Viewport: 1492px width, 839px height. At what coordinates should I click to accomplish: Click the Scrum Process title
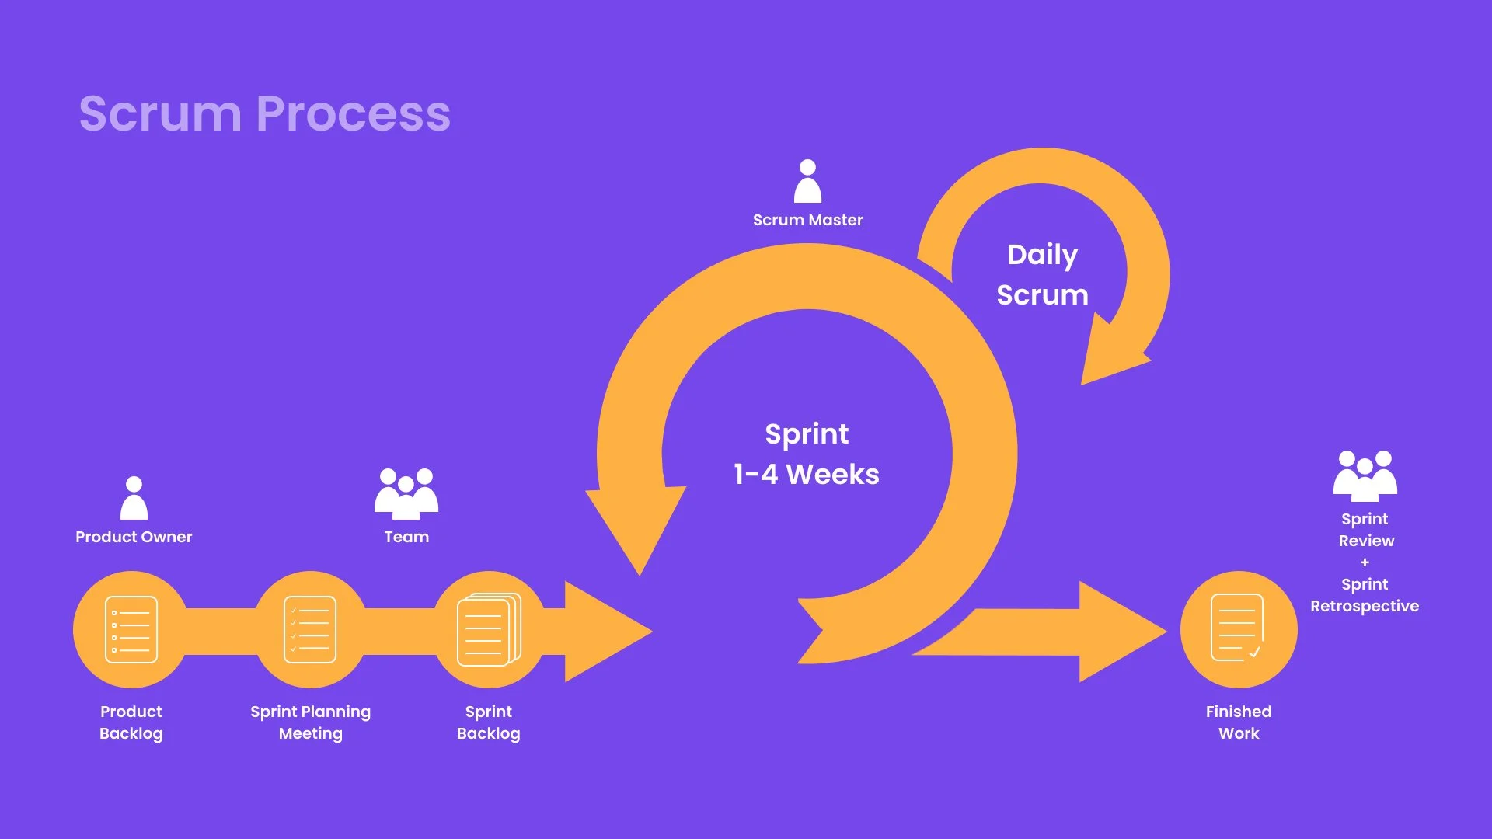tap(264, 113)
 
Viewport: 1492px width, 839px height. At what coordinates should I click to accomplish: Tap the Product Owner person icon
tap(134, 499)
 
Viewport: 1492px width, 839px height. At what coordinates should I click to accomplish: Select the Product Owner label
tap(134, 537)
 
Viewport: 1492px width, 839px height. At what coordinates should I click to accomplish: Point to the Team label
tap(406, 537)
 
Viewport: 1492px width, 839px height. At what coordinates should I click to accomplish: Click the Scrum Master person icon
tap(807, 182)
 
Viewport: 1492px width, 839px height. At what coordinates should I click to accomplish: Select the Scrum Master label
tap(807, 220)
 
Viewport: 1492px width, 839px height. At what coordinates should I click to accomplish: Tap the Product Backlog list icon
tap(131, 629)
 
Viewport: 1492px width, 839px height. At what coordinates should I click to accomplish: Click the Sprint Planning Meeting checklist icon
tap(310, 629)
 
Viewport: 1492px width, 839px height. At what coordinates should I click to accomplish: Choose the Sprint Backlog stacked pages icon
tap(489, 629)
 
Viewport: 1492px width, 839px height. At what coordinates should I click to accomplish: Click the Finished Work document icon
tap(1238, 628)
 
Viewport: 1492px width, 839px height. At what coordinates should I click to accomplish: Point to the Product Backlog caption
tap(131, 722)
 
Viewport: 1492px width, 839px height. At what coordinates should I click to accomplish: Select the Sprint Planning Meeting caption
tap(310, 722)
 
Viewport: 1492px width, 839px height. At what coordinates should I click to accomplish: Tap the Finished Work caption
tap(1239, 722)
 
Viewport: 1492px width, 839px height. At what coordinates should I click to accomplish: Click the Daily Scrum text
tap(1042, 274)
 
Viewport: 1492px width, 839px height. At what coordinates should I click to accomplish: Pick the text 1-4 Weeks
tap(807, 475)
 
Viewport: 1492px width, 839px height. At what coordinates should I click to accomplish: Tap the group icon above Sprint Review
tap(1365, 475)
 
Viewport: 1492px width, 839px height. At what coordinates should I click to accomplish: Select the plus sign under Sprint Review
tap(1365, 562)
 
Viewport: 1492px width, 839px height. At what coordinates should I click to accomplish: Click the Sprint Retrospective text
tap(1365, 595)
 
